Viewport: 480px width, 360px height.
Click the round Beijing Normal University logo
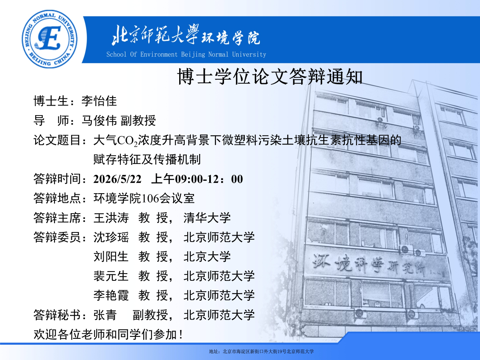[x=50, y=39]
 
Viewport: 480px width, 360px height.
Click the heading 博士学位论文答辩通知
[x=270, y=77]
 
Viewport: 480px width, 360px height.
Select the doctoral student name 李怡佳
[x=99, y=101]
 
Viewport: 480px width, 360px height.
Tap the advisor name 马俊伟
[x=99, y=120]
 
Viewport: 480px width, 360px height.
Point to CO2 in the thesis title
[x=128, y=140]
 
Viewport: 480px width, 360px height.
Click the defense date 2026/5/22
[x=118, y=179]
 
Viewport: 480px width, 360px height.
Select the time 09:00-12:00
[x=209, y=179]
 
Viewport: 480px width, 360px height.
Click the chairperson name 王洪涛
[x=111, y=218]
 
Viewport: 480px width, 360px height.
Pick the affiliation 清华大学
[x=207, y=218]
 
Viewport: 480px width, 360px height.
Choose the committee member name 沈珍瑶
[x=111, y=237]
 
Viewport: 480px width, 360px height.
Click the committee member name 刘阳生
[x=111, y=257]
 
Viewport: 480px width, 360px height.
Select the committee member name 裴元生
[x=111, y=276]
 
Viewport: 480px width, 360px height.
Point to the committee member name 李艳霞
[x=111, y=296]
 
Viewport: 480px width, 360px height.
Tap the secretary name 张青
[x=105, y=315]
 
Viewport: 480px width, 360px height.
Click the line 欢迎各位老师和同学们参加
[x=108, y=334]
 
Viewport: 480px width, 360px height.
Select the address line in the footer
[x=261, y=352]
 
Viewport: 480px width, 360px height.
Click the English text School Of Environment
[x=142, y=54]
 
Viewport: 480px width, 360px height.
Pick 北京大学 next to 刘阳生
[x=207, y=257]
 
